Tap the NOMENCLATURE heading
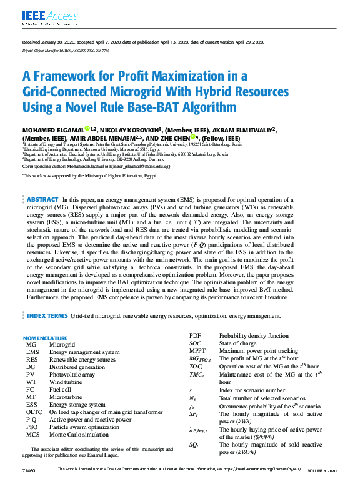pyautogui.click(x=44, y=338)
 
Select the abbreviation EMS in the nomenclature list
pyautogui.click(x=32, y=352)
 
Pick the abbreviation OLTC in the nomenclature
pyautogui.click(x=34, y=412)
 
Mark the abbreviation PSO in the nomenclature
pyautogui.click(x=32, y=428)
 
